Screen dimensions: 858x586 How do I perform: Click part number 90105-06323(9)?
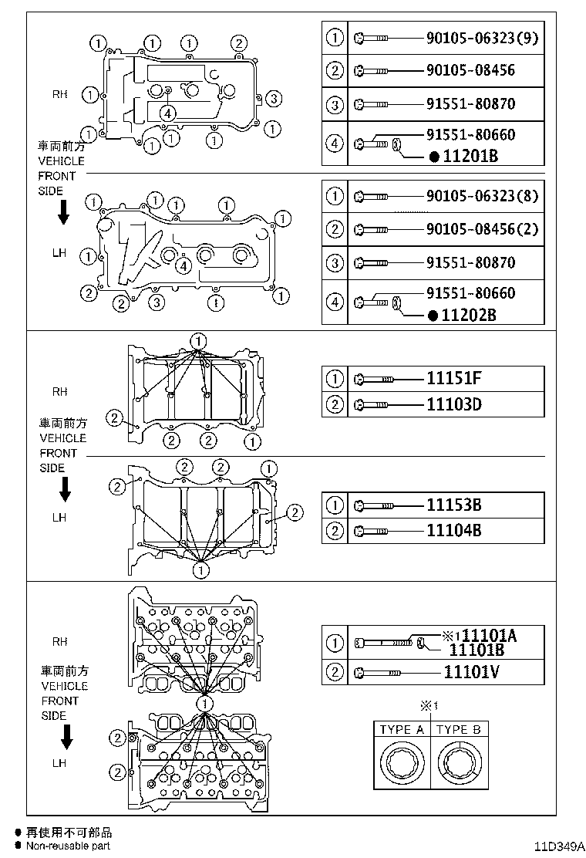click(481, 37)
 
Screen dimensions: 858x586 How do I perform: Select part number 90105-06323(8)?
click(481, 196)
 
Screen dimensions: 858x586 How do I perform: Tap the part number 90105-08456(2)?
click(481, 229)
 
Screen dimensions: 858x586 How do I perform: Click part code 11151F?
click(454, 379)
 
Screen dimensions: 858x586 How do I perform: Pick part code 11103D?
click(454, 404)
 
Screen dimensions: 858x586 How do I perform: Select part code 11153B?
click(454, 505)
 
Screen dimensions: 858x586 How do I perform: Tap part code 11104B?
click(454, 531)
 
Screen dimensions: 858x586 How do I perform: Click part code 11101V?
click(472, 671)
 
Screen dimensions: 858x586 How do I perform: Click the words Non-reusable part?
click(68, 846)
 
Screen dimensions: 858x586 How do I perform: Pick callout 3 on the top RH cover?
click(275, 98)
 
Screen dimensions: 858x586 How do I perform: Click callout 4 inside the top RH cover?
click(168, 113)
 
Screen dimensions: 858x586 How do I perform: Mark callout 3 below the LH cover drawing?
click(156, 301)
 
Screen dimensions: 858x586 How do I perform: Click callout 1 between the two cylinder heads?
click(204, 704)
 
